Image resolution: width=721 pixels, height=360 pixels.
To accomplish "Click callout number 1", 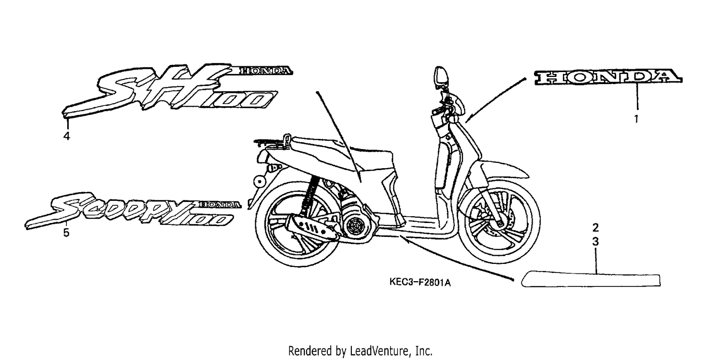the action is click(636, 119).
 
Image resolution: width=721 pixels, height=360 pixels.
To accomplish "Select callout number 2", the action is click(596, 228).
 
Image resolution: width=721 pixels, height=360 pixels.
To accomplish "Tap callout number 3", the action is click(596, 242).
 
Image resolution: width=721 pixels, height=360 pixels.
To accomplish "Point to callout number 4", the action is click(67, 137).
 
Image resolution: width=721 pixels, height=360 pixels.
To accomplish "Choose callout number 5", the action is click(66, 232).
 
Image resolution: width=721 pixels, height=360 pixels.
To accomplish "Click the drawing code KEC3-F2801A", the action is click(420, 283).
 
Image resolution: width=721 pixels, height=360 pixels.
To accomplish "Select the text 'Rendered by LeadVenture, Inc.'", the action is click(360, 351).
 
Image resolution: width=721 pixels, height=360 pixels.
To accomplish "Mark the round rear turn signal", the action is click(259, 182).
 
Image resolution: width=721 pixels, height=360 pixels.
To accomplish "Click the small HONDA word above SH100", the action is click(265, 71).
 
